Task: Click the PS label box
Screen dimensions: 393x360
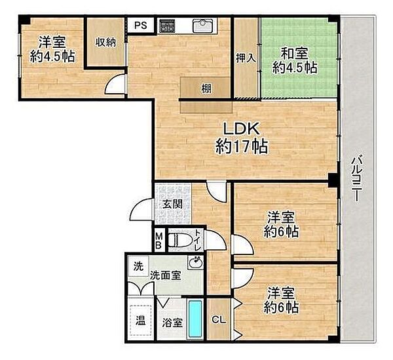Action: [x=140, y=25]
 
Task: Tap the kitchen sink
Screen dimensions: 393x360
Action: [x=203, y=26]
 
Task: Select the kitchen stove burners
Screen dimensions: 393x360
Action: [x=168, y=26]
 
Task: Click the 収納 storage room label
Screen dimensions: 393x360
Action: [x=105, y=42]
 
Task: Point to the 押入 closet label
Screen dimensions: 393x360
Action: [x=246, y=58]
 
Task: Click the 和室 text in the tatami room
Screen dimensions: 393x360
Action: [x=294, y=53]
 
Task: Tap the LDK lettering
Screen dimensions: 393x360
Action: [x=241, y=129]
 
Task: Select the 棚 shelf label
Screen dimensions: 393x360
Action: [x=206, y=89]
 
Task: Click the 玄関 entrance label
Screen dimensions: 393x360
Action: [x=172, y=205]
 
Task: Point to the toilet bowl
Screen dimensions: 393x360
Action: [x=178, y=241]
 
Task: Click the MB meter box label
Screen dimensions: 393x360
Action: [x=159, y=241]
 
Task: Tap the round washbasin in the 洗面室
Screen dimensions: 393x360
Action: [x=195, y=263]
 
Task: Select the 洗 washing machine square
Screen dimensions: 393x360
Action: [x=138, y=266]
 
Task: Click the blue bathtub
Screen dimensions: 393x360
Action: [x=195, y=319]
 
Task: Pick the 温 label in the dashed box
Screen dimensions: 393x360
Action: [x=141, y=321]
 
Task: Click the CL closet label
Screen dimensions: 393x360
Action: [x=219, y=320]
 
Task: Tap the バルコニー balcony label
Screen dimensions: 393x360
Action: [x=356, y=178]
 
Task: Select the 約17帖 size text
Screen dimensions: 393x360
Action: [x=242, y=146]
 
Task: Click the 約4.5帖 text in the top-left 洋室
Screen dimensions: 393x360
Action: [x=52, y=56]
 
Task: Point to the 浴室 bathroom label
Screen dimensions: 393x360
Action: [x=172, y=323]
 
